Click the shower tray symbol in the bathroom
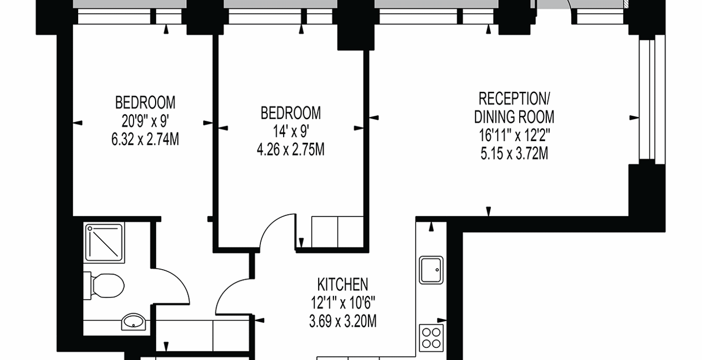[x=104, y=242]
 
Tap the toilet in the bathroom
[x=105, y=286]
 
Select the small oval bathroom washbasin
[x=133, y=321]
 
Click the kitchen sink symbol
[x=431, y=270]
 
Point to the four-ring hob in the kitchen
[x=431, y=337]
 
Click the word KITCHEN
[x=342, y=285]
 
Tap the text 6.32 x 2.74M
[x=145, y=140]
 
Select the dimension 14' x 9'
[x=290, y=132]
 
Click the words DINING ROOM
[x=514, y=117]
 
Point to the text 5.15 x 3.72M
[x=514, y=153]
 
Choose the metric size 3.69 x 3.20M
[x=342, y=321]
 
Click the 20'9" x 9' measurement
[x=145, y=121]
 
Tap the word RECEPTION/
[x=514, y=99]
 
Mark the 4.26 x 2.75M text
[x=290, y=150]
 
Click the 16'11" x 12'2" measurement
[x=514, y=135]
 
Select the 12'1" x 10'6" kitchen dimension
[x=342, y=303]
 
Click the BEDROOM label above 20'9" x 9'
[x=145, y=103]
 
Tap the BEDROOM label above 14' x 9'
[x=290, y=114]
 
